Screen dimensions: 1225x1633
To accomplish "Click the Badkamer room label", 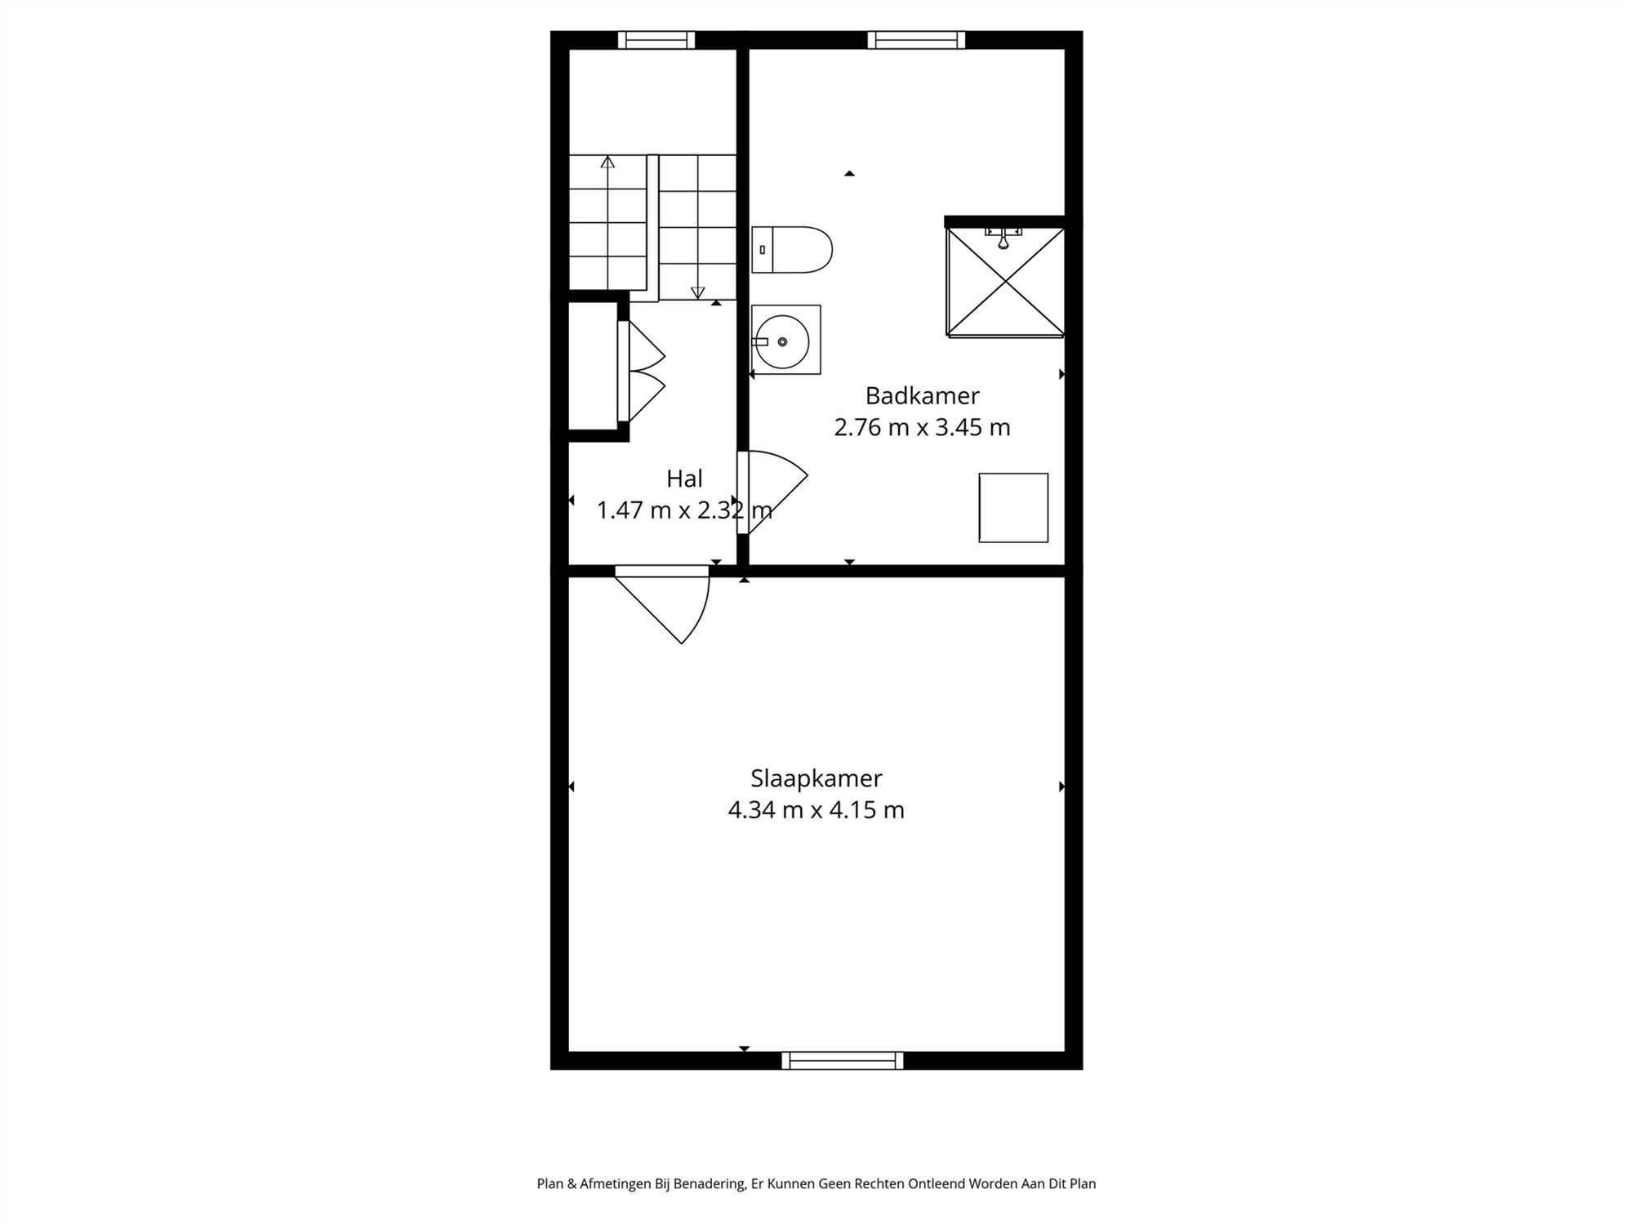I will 922,396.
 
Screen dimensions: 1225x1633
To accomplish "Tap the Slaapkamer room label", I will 816,778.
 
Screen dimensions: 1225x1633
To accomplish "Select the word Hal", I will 684,479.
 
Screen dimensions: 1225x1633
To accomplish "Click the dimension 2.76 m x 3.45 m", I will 922,428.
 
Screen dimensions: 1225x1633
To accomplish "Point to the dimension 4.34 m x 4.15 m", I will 816,810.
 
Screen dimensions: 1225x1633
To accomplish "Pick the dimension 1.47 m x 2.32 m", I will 684,510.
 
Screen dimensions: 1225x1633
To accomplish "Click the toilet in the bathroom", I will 792,250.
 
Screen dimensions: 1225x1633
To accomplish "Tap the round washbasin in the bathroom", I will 782,341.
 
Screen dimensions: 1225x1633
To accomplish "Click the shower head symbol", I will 1003,240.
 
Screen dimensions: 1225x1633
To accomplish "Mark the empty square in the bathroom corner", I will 1013,508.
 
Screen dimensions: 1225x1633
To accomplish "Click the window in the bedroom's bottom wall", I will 843,1061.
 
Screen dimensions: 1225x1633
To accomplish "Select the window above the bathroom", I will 916,40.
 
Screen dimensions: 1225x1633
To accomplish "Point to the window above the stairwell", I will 656,40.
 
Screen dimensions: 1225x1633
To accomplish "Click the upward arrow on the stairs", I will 607,163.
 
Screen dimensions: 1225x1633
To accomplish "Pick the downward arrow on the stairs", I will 697,292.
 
